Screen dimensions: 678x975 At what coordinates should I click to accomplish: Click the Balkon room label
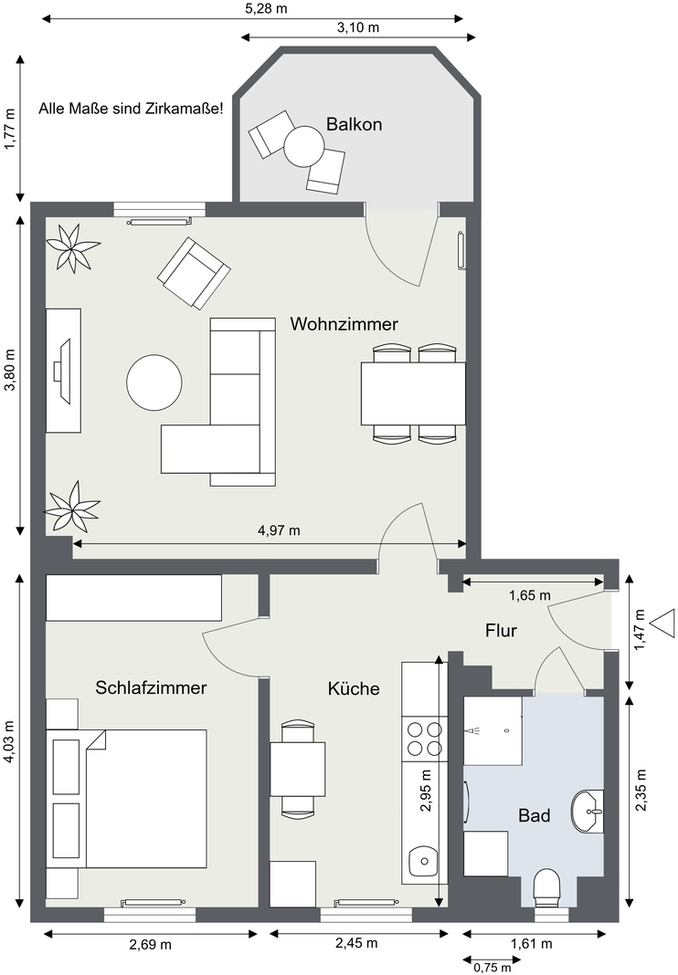coord(354,124)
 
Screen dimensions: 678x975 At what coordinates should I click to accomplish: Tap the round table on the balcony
coord(304,147)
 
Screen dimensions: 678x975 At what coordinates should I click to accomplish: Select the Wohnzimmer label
coord(344,324)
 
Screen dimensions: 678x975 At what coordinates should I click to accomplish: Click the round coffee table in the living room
coord(154,382)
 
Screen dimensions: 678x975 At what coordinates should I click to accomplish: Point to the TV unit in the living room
coord(63,370)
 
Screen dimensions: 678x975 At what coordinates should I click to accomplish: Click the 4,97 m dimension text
coord(279,530)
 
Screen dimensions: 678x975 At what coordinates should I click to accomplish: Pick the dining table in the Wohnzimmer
coord(413,393)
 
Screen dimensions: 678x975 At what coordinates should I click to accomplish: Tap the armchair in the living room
coord(194,273)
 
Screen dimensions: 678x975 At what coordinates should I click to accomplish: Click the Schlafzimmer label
coord(151,687)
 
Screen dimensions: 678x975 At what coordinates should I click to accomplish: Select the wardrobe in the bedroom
coord(133,598)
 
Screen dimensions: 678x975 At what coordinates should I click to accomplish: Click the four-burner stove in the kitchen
coord(425,739)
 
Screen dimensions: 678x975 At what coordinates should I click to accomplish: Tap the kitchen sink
coord(424,862)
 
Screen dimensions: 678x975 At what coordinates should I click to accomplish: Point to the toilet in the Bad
coord(548,887)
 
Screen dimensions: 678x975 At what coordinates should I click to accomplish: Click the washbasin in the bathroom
coord(588,811)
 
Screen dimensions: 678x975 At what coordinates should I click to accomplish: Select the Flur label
coord(501,631)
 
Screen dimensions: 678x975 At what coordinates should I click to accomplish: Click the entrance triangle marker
coord(663,623)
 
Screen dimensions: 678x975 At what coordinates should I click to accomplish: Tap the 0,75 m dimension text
coord(493,967)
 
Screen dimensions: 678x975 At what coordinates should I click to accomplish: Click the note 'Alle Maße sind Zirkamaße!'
coord(131,109)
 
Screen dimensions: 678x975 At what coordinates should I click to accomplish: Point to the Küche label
coord(354,688)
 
